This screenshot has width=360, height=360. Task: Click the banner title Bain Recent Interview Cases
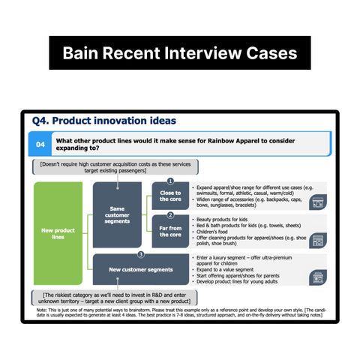coord(180,53)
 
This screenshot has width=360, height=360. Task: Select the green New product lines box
coord(58,234)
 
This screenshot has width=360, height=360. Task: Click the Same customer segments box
coord(117,215)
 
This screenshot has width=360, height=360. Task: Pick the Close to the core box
coord(169,196)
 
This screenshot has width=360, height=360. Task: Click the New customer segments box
coord(140,269)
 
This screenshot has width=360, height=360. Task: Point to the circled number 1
coord(170,181)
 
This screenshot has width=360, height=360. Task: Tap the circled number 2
coord(170,216)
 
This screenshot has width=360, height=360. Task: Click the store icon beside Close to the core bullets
coord(317,202)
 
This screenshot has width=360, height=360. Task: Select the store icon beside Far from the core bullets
coord(317,241)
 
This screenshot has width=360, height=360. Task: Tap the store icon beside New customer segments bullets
coord(317,277)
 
